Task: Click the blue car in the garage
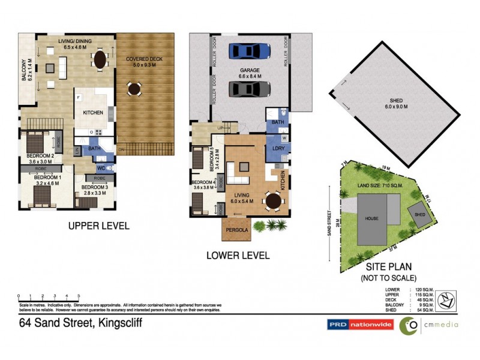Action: [x=249, y=51]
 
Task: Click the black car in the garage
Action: [x=249, y=89]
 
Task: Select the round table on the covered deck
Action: [x=134, y=89]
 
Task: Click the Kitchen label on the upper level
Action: [x=92, y=112]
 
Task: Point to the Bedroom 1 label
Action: [x=47, y=181]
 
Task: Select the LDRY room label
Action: [x=278, y=148]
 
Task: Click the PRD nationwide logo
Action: [x=359, y=325]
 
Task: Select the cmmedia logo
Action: [x=430, y=325]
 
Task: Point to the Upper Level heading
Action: [x=99, y=226]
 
